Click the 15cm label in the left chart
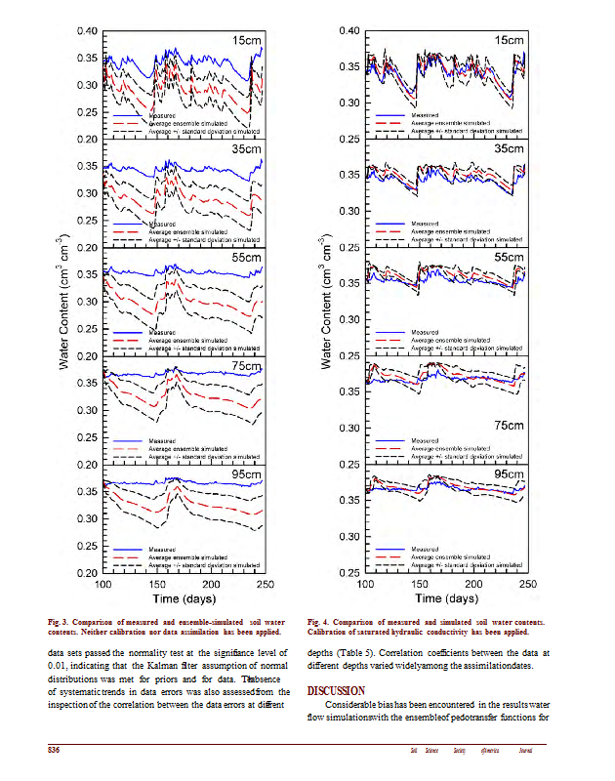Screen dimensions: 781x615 coord(246,41)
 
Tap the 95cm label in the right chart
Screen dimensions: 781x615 coord(510,474)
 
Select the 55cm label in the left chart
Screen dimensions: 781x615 coord(246,258)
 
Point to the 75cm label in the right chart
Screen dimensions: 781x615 coord(510,426)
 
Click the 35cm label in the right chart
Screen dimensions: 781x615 coord(510,149)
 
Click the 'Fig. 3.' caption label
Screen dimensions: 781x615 coord(61,621)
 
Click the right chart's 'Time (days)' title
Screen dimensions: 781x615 coord(447,597)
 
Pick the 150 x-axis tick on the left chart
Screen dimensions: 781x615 coord(157,584)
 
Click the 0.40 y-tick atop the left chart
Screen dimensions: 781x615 coord(87,32)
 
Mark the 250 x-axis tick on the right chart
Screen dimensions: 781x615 coord(527,584)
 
